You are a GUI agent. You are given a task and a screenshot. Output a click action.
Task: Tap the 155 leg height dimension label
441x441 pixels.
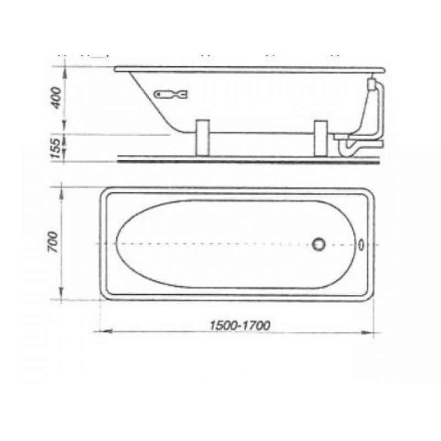coord(56,148)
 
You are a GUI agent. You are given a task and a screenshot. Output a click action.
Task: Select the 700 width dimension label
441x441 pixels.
coord(53,242)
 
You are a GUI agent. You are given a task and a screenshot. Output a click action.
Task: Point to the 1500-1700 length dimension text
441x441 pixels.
coord(240,325)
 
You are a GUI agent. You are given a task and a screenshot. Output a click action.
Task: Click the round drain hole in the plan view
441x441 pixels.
coord(319,244)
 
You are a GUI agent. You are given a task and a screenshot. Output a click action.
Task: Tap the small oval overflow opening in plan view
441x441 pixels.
coord(362,244)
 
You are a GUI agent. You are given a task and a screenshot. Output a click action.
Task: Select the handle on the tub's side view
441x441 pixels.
coord(171,94)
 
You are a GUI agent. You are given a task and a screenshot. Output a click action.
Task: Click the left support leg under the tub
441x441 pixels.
coord(202,137)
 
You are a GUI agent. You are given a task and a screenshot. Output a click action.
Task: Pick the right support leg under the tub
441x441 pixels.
coord(321,138)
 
